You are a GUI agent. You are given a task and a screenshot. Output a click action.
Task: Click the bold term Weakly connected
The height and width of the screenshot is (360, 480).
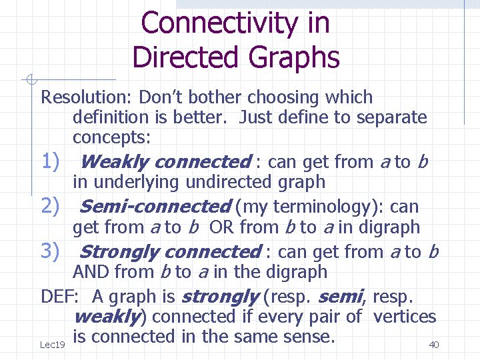click(x=164, y=162)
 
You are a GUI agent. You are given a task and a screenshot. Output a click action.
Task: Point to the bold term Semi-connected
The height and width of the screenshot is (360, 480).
click(x=154, y=207)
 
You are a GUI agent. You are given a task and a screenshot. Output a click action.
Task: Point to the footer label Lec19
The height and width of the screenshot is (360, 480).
click(x=52, y=345)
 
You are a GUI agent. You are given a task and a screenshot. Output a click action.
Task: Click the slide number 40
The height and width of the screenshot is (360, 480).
click(x=433, y=345)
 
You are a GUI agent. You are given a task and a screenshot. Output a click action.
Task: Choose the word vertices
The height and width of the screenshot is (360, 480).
click(x=405, y=317)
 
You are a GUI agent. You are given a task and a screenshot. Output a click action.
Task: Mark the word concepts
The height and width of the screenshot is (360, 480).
click(x=112, y=137)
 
